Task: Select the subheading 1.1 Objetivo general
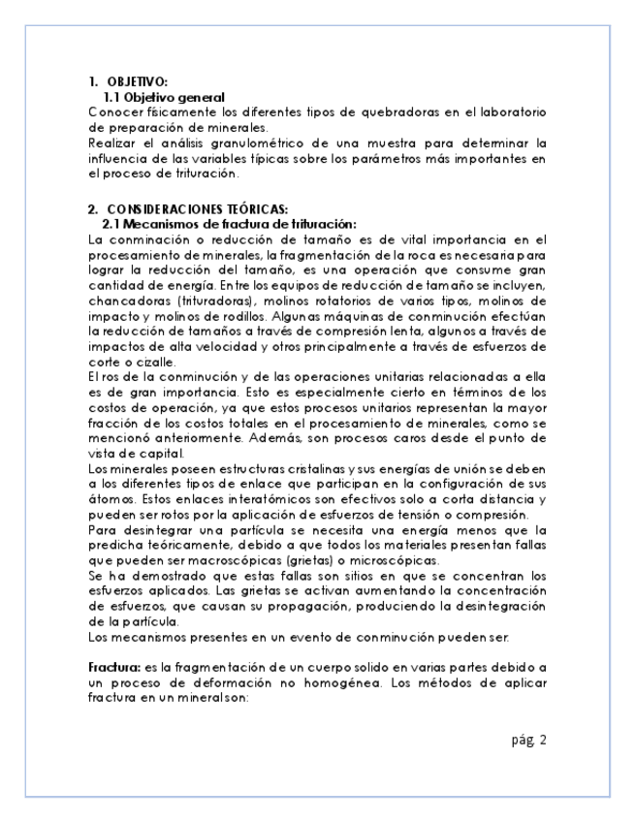[x=164, y=97]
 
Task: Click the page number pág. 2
[x=529, y=741]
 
